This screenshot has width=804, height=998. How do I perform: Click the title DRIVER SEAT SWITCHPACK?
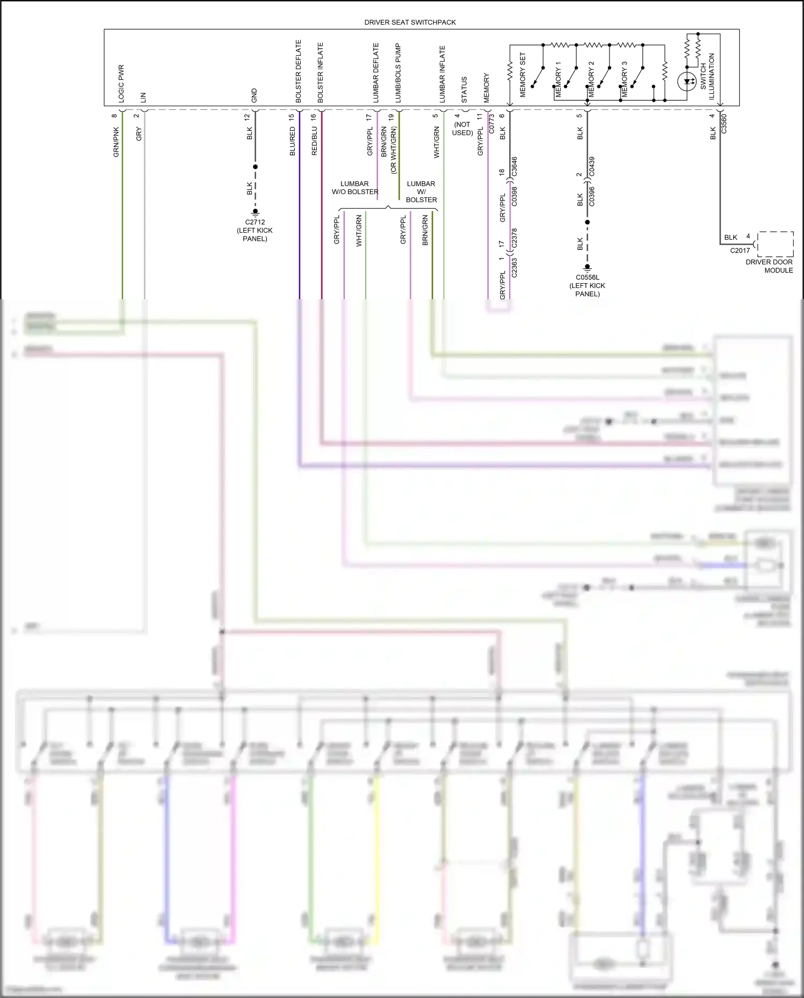[410, 22]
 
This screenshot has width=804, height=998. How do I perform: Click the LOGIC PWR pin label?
[121, 84]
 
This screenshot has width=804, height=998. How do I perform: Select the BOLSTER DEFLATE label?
[299, 71]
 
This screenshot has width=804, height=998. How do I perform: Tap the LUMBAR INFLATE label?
[443, 74]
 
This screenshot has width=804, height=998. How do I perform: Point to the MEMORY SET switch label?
[523, 75]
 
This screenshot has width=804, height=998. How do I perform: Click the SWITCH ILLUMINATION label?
[708, 76]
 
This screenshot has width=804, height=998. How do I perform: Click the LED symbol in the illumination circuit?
[687, 82]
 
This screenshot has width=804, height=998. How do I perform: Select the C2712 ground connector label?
[255, 222]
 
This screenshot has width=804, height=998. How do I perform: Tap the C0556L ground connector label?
[587, 277]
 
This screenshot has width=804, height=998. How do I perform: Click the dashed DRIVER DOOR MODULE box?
[775, 245]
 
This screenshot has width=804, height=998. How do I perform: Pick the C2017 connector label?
[740, 250]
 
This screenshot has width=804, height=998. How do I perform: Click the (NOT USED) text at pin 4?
[462, 129]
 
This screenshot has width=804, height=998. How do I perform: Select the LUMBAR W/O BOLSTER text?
[355, 188]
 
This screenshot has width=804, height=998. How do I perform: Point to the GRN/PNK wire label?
[116, 142]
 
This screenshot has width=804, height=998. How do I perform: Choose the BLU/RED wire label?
[293, 141]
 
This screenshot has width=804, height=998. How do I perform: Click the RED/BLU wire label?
[315, 141]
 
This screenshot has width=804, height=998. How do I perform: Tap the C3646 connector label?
[515, 167]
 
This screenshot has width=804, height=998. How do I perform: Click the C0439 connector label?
[592, 167]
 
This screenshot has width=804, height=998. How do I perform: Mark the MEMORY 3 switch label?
[624, 79]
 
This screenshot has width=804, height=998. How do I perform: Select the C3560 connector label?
[724, 124]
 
